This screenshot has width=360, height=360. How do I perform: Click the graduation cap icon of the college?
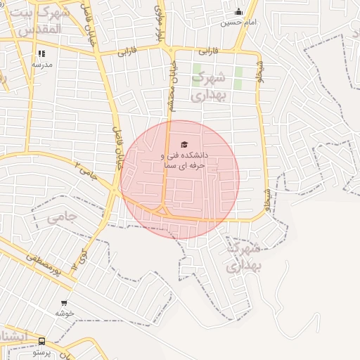click(x=184, y=144)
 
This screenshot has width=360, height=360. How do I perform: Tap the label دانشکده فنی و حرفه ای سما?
click(x=184, y=160)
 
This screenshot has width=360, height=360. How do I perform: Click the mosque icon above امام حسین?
click(x=238, y=11)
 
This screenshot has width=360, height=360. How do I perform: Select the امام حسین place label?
click(x=238, y=22)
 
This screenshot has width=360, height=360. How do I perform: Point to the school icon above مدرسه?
click(x=41, y=53)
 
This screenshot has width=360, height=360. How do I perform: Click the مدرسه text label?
click(x=41, y=64)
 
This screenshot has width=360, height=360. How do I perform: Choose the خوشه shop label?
click(x=65, y=313)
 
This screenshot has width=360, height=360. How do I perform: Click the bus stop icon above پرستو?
click(x=41, y=340)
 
